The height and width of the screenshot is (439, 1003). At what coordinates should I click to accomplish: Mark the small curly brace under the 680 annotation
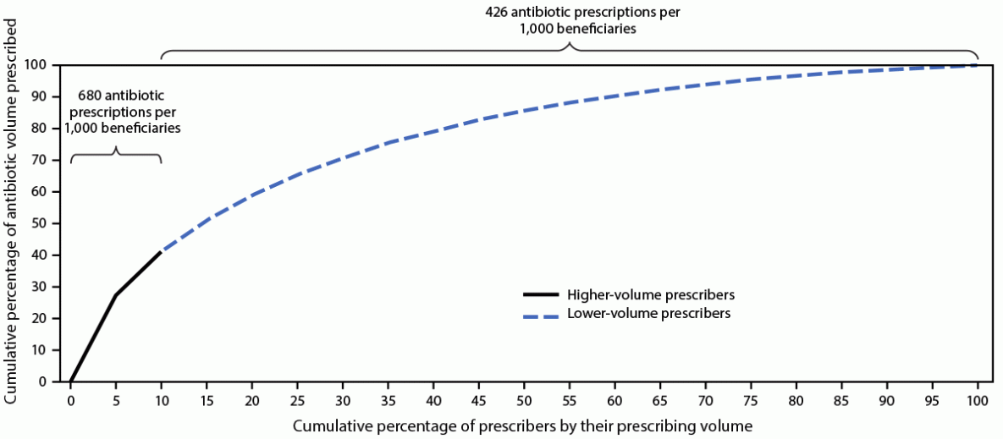(116, 154)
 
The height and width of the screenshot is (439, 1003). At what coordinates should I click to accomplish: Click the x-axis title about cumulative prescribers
(522, 425)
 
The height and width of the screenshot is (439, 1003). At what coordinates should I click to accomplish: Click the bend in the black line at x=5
(116, 294)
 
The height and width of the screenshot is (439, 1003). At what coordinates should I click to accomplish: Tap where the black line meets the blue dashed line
(161, 252)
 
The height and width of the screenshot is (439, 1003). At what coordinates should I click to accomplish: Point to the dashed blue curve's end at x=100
(978, 65)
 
